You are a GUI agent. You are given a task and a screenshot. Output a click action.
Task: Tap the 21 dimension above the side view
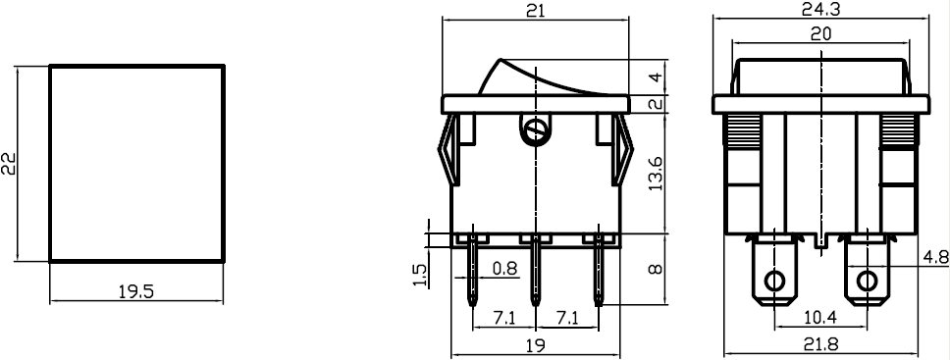[535, 11]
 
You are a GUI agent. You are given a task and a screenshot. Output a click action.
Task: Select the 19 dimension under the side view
[535, 345]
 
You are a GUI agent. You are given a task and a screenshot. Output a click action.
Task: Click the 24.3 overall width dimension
[819, 9]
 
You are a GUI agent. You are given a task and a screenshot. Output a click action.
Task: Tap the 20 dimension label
[819, 33]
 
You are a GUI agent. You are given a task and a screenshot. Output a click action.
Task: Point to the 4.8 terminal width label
[936, 259]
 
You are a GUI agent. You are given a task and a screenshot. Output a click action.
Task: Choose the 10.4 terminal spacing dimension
[819, 319]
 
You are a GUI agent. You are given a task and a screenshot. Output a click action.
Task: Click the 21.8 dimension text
[819, 345]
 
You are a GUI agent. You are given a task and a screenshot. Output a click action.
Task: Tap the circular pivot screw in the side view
[535, 128]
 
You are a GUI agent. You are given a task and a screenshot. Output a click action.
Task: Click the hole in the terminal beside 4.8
[866, 283]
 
